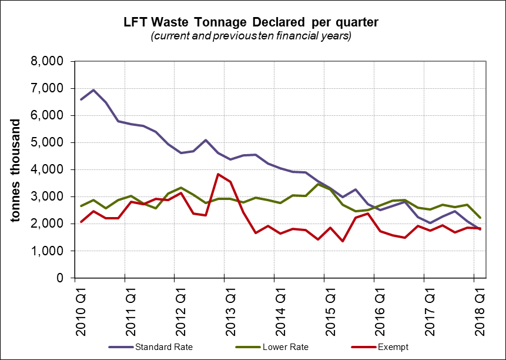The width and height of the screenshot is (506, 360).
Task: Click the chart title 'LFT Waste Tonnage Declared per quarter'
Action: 251,22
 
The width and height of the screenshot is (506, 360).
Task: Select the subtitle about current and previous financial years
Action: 251,36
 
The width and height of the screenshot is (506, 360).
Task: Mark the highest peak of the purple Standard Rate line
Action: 94,90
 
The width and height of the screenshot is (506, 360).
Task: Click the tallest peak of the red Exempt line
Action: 218,174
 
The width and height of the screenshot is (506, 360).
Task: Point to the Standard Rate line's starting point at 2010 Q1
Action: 81,99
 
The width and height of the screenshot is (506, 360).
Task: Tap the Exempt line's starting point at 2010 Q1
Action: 81,222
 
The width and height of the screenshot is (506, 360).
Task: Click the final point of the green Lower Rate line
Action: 480,217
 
